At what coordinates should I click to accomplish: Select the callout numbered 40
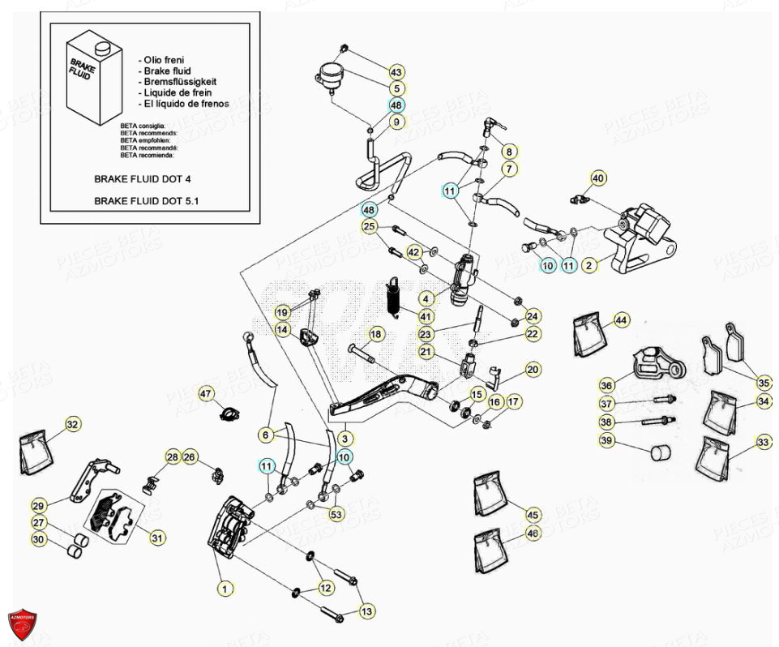[x=597, y=178]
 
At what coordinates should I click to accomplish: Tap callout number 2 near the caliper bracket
[x=590, y=264]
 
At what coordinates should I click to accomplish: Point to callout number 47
[x=206, y=394]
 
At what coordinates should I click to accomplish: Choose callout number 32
[x=73, y=424]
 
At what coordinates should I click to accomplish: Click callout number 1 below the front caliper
[x=225, y=588]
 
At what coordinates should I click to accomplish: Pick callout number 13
[x=367, y=611]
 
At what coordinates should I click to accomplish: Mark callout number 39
[x=607, y=441]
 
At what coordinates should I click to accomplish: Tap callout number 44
[x=621, y=319]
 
